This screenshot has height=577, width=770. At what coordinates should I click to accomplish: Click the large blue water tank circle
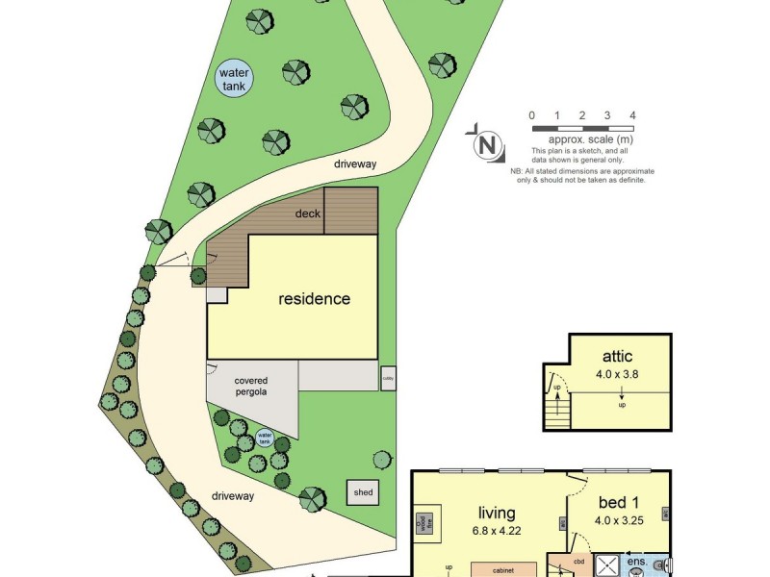pos(234,78)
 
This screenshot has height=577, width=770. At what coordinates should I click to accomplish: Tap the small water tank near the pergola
pos(265,439)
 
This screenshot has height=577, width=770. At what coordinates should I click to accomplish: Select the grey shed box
pos(363,492)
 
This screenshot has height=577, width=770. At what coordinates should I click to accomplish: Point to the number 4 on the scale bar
pos(632,115)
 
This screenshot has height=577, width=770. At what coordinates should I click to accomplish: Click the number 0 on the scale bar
pos(532,115)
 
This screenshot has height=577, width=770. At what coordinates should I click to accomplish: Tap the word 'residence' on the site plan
pos(314,298)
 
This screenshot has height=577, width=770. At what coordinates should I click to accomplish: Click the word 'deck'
pos(308,214)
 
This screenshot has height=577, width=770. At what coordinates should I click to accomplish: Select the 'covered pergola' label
pos(251,387)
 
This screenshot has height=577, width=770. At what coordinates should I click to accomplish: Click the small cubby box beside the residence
pos(388,378)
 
